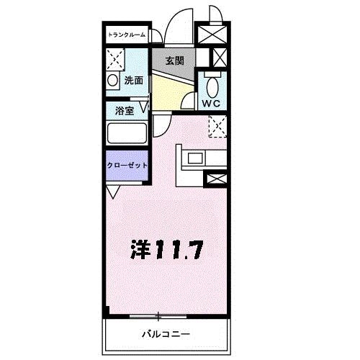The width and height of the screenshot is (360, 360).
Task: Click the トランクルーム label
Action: (127, 35)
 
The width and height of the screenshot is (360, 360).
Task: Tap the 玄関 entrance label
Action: (175, 60)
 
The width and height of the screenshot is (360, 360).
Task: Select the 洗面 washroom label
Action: (133, 81)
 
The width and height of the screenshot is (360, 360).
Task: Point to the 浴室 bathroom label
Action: (125, 111)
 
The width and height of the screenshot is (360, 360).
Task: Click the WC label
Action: (211, 104)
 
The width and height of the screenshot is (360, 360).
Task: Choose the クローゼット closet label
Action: (127, 166)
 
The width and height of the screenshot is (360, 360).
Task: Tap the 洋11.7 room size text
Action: (167, 250)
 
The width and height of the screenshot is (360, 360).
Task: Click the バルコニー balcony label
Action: (166, 334)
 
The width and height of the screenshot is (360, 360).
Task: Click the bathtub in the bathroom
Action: (127, 133)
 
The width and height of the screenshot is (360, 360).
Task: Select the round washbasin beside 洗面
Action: (112, 80)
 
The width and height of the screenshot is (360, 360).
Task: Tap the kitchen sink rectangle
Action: (197, 158)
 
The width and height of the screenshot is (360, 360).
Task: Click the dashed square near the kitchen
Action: (217, 126)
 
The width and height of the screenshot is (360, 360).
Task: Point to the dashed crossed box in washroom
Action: (115, 60)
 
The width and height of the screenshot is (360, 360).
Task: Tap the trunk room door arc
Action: (156, 35)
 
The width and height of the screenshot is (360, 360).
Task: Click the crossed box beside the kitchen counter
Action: (215, 179)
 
